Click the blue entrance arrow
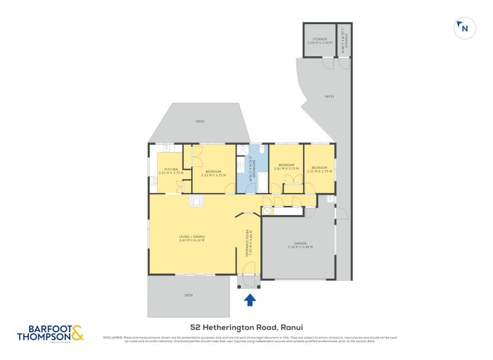pyautogui.click(x=250, y=300)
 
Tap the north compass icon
pyautogui.click(x=463, y=28)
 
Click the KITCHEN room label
pyautogui.click(x=171, y=169)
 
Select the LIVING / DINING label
pyautogui.click(x=192, y=236)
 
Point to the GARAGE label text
pyautogui.click(x=301, y=243)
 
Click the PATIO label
pyautogui.click(x=330, y=96)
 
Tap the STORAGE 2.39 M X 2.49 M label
pyautogui.click(x=319, y=41)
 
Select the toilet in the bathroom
pyautogui.click(x=261, y=150)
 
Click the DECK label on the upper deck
pyautogui.click(x=200, y=121)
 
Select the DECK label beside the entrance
pyautogui.click(x=189, y=295)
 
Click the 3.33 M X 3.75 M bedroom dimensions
pyautogui.click(x=213, y=175)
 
